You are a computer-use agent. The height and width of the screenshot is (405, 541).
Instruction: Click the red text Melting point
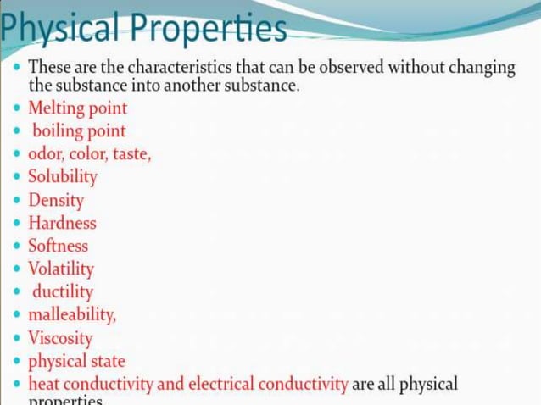[x=77, y=108]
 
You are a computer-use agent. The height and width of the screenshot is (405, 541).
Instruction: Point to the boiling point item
[x=79, y=131]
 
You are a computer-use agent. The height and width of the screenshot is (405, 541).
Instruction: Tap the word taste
[x=130, y=154]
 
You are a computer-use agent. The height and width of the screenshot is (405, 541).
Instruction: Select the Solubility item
[x=62, y=177]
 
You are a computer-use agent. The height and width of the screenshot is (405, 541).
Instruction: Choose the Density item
[x=56, y=201]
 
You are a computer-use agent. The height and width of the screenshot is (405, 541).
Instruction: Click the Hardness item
[x=62, y=224]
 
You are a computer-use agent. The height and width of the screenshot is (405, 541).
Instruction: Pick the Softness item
[x=58, y=247]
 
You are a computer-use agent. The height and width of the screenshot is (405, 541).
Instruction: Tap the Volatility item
[x=60, y=269]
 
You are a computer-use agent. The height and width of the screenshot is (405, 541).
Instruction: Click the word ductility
[x=63, y=292]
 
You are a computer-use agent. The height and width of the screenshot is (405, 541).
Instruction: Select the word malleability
[x=71, y=315]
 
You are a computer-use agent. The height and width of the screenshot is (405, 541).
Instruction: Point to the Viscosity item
[x=60, y=338]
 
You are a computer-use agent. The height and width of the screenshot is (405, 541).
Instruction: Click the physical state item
[x=76, y=362]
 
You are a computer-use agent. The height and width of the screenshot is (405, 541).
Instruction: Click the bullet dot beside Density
[x=18, y=202]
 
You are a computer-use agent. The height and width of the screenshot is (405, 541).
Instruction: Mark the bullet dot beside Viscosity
[x=18, y=339]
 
